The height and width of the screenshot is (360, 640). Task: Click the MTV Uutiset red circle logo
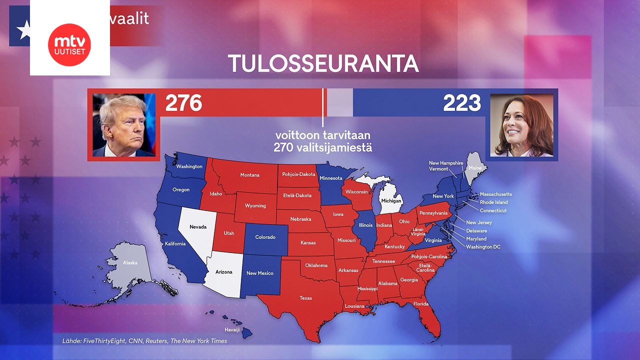point(69,44)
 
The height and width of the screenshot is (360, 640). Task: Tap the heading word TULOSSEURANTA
point(323,64)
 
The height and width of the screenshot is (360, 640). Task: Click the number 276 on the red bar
point(183,103)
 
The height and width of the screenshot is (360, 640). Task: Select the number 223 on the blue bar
point(461,103)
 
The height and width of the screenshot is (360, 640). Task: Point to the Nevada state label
point(198,226)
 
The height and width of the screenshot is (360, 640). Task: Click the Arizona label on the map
point(224,272)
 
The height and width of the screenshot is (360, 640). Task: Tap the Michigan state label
point(391,200)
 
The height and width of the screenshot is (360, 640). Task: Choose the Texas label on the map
point(305,298)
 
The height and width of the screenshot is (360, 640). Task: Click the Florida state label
point(421,304)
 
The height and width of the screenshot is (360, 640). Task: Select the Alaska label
point(130,262)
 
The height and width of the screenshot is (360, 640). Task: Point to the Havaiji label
point(232,329)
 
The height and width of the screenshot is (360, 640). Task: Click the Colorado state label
point(265,237)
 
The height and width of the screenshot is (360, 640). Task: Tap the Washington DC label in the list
point(483,247)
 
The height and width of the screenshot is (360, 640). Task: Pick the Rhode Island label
point(493,202)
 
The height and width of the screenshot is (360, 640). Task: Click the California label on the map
point(175,243)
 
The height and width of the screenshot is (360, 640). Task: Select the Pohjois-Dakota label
point(299,174)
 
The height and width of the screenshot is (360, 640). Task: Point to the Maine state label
point(475,168)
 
